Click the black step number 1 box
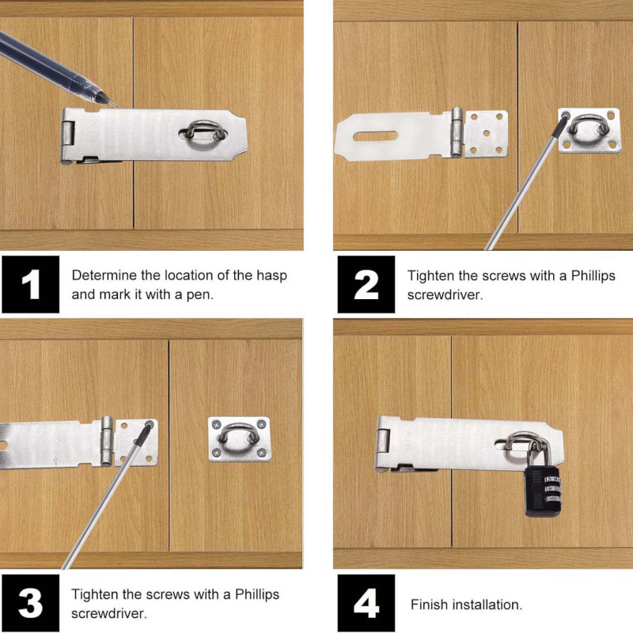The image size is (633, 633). pos(30,284)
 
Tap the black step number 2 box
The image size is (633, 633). pos(366,284)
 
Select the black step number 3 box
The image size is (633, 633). pos(30,603)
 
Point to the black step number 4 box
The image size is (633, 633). pos(366,603)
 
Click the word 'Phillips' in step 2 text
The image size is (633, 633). pos(593,275)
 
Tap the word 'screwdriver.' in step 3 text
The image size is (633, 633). pos(109,614)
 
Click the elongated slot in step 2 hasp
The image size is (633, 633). pos(375,136)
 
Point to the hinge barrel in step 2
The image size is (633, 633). pos(457,132)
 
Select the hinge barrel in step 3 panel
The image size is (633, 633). pos(107,441)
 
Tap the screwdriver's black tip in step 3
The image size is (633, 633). pos(143,434)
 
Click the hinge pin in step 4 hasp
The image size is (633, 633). pos(383,441)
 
